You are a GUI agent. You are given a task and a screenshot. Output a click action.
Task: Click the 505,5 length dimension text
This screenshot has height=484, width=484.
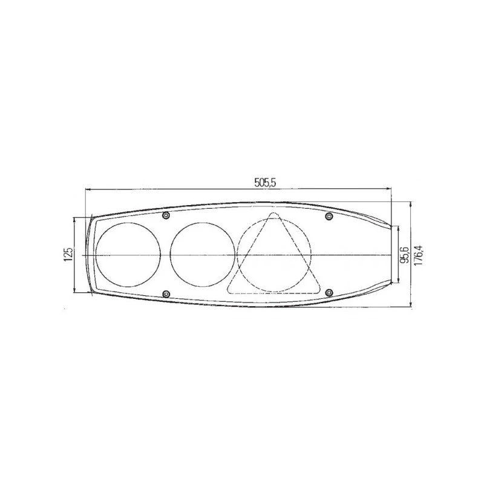tap(265, 183)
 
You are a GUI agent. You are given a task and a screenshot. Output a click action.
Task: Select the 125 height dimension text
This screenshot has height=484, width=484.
tap(68, 255)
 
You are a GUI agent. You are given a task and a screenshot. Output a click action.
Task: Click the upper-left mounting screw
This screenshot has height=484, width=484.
tap(166, 215)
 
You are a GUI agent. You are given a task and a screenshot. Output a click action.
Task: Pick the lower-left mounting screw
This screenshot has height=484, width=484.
tap(166, 293)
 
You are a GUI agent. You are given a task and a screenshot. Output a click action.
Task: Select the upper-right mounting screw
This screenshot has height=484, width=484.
tap(329, 216)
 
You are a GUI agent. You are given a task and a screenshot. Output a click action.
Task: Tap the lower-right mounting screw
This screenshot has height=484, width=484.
tap(329, 292)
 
